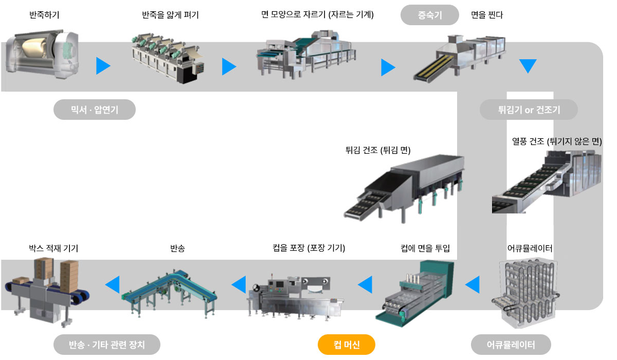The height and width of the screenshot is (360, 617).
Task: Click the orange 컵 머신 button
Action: (x=346, y=344)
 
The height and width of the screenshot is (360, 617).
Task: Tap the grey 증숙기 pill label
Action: (x=430, y=15)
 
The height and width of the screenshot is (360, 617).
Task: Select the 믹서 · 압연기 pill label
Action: (x=95, y=110)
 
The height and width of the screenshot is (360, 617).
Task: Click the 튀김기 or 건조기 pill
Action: (x=529, y=110)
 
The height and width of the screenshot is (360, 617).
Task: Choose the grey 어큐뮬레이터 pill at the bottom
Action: (x=511, y=344)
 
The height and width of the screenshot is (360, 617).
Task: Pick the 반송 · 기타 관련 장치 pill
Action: (x=107, y=344)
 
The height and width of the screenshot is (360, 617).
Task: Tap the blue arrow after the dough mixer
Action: (x=103, y=66)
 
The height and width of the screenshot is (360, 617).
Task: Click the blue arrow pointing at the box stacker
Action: (x=113, y=284)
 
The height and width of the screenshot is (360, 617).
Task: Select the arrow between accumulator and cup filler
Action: (x=473, y=284)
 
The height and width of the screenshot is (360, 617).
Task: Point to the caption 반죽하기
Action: (x=44, y=14)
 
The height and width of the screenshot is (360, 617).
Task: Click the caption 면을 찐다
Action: (x=487, y=14)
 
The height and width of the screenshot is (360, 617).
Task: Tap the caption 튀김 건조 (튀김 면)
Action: (x=378, y=150)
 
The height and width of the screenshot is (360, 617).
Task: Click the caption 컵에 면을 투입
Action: (x=425, y=248)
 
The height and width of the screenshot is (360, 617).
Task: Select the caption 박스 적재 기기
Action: (x=53, y=248)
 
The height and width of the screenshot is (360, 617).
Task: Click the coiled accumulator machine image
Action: (x=525, y=293)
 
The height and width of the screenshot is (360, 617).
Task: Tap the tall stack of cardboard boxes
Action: (x=69, y=277)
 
